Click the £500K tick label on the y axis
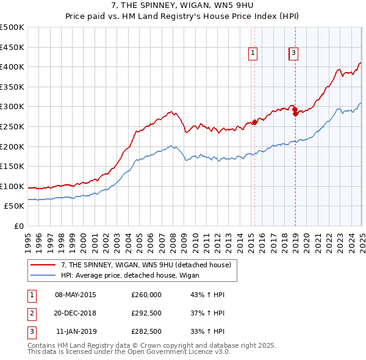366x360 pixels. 12,27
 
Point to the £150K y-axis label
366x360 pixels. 12,166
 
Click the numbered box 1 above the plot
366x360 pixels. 253,54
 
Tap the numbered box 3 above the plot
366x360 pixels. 293,54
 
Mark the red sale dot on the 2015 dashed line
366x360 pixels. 254,122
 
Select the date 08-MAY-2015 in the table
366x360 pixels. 76,295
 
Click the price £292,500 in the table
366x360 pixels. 146,314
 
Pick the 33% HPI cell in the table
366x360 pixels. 207,333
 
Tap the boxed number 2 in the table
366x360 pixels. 31,314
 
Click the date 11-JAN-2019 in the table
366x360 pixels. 76,333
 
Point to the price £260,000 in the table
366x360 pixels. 146,295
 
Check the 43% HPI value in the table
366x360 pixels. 207,295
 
